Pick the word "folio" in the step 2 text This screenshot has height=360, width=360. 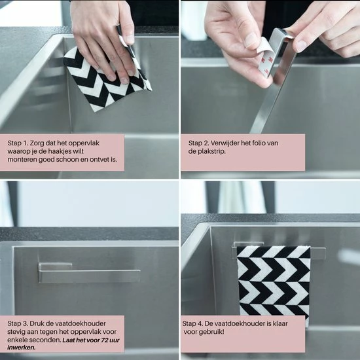point(259,143)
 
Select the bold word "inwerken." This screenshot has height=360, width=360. point(22,348)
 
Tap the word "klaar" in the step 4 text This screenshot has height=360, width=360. point(280,323)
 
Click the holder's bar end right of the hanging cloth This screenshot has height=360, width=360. point(318,253)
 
